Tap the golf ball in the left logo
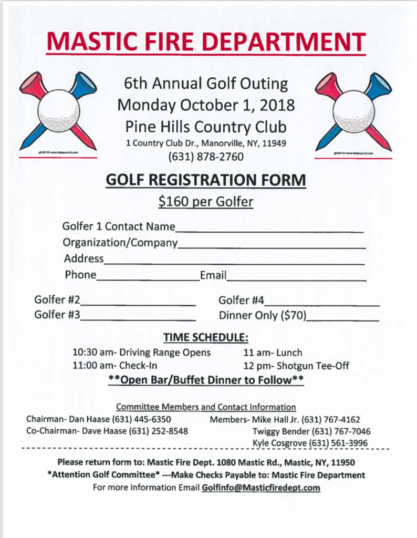pyautogui.click(x=58, y=110)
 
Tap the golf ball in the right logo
pyautogui.click(x=353, y=110)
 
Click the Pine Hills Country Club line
pyautogui.click(x=206, y=127)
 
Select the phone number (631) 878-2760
pyautogui.click(x=206, y=156)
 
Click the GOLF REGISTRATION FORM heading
pyautogui.click(x=206, y=180)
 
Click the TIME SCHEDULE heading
pyautogui.click(x=206, y=337)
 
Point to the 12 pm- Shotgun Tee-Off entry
pyautogui.click(x=296, y=366)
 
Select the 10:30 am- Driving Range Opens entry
pyautogui.click(x=141, y=352)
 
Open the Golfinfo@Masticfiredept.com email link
pyautogui.click(x=260, y=488)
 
